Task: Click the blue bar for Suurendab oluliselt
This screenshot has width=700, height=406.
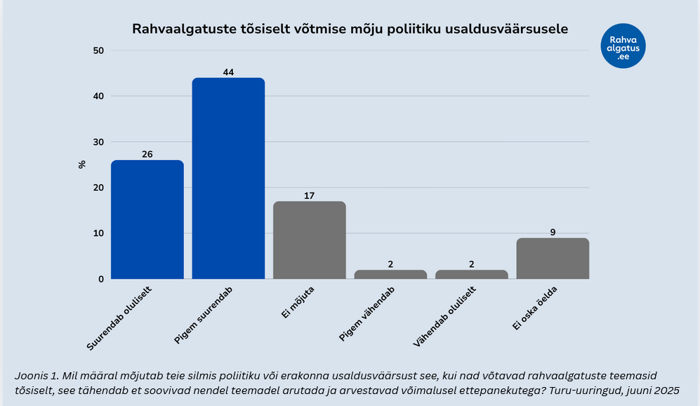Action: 147,219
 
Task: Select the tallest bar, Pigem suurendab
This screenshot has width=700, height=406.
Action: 228,178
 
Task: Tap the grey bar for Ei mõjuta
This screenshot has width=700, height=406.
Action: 309,240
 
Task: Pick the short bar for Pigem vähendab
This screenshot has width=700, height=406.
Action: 390,274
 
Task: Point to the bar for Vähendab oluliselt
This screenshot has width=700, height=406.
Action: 471,274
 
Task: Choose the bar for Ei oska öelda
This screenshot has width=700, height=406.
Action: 553,258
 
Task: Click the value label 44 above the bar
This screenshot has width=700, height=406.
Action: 228,72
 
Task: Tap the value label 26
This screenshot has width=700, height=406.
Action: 147,154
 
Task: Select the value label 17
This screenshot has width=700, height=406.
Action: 309,195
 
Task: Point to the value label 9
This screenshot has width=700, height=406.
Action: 553,232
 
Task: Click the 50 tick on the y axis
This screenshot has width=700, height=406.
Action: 98,51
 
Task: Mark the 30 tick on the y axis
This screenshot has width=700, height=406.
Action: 98,142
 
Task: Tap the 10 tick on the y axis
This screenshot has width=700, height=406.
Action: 98,233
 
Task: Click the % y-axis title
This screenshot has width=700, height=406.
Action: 81,164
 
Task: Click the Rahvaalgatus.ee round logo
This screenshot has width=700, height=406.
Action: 623,46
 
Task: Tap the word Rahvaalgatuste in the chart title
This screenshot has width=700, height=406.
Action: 176,30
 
